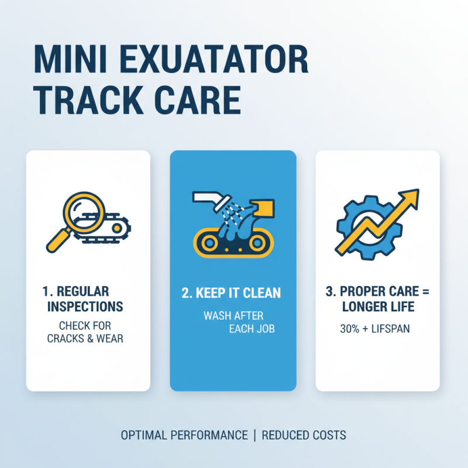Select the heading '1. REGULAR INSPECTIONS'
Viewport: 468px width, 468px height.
(x=85, y=298)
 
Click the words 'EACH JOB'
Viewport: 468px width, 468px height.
(x=252, y=329)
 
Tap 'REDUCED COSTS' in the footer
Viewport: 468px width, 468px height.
(x=304, y=435)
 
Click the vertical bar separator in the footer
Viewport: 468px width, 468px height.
(x=254, y=435)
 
